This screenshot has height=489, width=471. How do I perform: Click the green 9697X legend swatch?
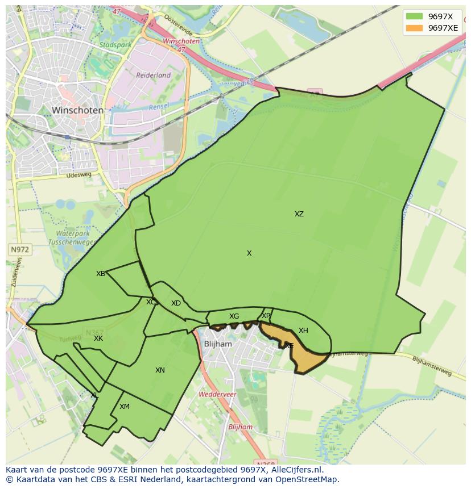(414, 16)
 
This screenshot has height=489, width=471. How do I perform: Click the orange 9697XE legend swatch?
(414, 28)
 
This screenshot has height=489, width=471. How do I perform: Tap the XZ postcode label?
(299, 214)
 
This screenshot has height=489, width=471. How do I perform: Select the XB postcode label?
(101, 274)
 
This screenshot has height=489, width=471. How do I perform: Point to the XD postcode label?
(176, 303)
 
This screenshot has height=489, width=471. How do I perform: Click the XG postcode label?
(234, 316)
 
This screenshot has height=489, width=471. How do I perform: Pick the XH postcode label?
(303, 331)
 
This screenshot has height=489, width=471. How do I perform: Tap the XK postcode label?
(98, 338)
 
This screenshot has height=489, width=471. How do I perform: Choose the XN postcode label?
(160, 370)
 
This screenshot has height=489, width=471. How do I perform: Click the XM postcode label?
(125, 407)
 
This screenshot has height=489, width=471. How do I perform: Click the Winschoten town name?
(77, 110)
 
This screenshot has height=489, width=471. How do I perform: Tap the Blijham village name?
(218, 344)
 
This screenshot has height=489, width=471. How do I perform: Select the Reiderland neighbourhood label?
(153, 75)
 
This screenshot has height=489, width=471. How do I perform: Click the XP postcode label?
(266, 316)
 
